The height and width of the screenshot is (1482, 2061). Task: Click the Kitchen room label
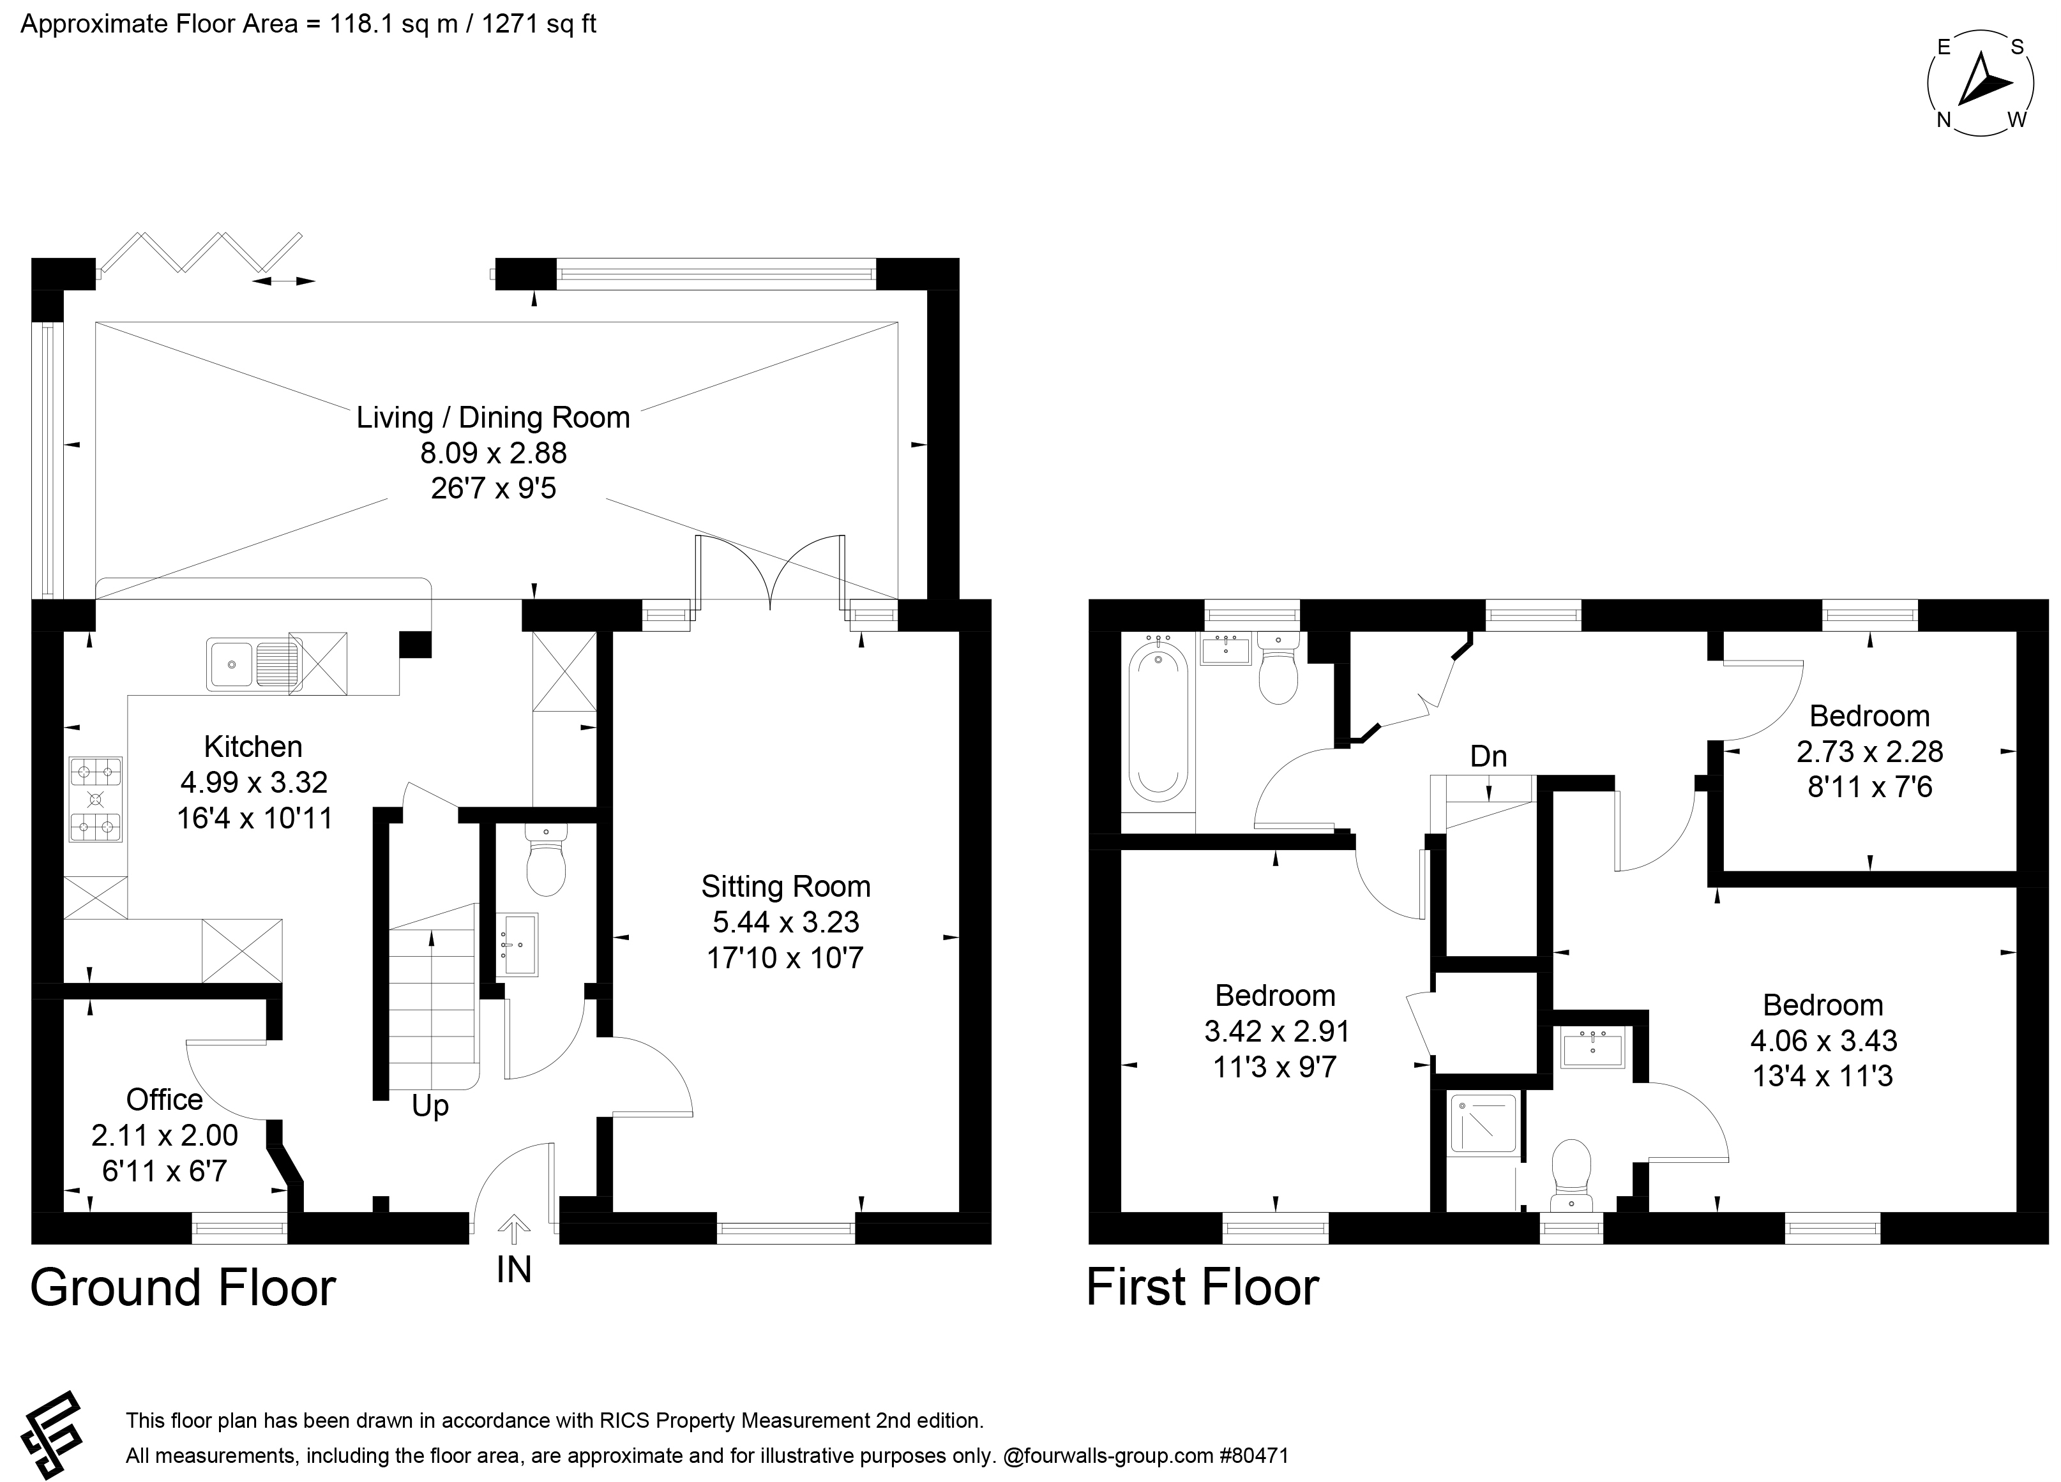coord(253,747)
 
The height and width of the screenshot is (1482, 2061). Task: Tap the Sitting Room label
coord(786,887)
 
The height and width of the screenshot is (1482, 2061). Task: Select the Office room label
coord(165,1100)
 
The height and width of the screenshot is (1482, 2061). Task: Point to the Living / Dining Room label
coord(494,418)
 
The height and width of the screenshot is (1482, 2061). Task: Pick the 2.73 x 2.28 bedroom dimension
coord(1869,751)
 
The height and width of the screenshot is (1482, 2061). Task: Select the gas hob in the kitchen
coord(95,800)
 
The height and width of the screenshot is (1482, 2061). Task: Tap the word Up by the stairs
coord(430,1107)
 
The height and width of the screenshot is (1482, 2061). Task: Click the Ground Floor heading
coord(184,1289)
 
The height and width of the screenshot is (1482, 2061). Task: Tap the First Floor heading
coord(1202,1289)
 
